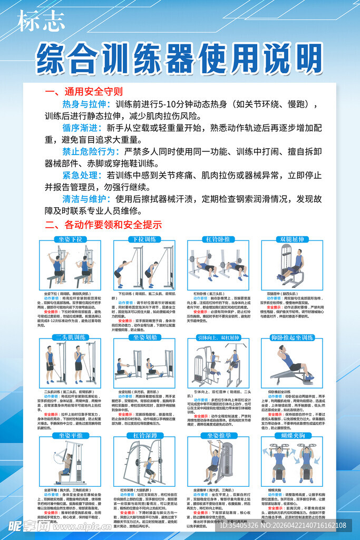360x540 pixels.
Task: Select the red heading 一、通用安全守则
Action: point(84,92)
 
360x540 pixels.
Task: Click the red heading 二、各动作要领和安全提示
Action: point(103,225)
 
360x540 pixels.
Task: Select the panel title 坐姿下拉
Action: point(70,239)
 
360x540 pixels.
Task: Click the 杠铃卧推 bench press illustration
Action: point(218,266)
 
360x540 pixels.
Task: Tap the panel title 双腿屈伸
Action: point(291,239)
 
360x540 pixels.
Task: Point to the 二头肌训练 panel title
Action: point(70,337)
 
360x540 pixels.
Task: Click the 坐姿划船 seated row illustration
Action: point(144,364)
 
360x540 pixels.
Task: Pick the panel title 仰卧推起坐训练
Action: point(291,337)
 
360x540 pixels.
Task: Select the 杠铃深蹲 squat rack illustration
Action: point(144,462)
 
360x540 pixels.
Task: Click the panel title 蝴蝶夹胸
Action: point(291,435)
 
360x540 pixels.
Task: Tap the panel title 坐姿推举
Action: point(218,435)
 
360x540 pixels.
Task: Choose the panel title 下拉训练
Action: point(144,239)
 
